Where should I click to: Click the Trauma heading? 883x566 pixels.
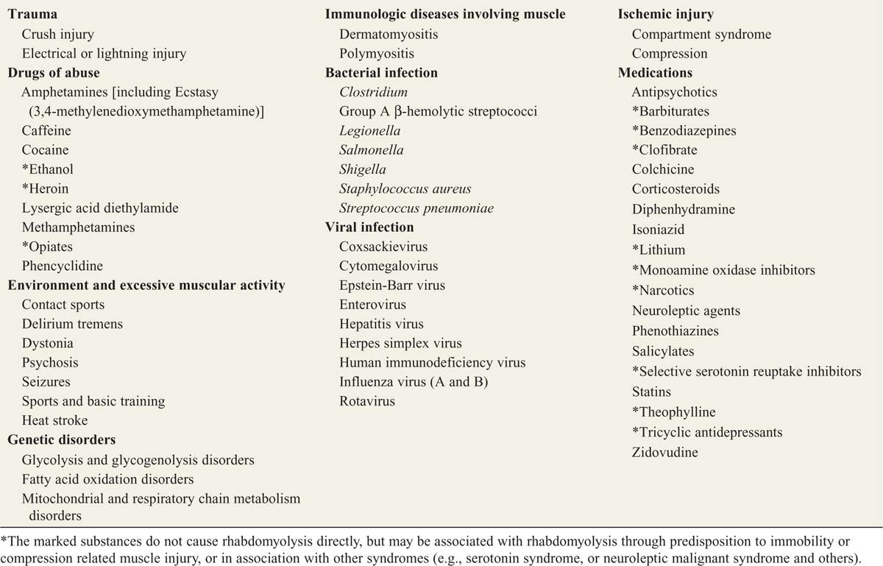point(32,14)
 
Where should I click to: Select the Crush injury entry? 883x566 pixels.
point(57,34)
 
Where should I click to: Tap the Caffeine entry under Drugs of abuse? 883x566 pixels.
point(46,130)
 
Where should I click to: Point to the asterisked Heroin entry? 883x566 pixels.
point(45,188)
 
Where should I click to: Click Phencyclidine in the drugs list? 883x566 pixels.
point(63,266)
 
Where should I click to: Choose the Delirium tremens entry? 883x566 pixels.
point(72,324)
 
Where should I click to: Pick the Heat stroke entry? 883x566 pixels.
point(54,420)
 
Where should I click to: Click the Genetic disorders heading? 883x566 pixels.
point(62,440)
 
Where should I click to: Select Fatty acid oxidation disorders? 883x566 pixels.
point(107,479)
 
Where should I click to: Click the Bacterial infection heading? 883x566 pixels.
point(381,73)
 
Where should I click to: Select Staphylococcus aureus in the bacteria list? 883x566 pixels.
point(405,188)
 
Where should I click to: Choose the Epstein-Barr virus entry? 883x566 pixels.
point(392,285)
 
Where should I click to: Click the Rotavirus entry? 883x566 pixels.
point(367,401)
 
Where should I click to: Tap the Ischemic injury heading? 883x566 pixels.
point(666,14)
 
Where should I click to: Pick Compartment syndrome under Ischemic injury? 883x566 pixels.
point(701,34)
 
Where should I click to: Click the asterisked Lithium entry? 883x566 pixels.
point(659,250)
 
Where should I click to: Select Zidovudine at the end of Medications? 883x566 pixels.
point(665,452)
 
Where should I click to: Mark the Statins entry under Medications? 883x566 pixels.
point(651,392)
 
